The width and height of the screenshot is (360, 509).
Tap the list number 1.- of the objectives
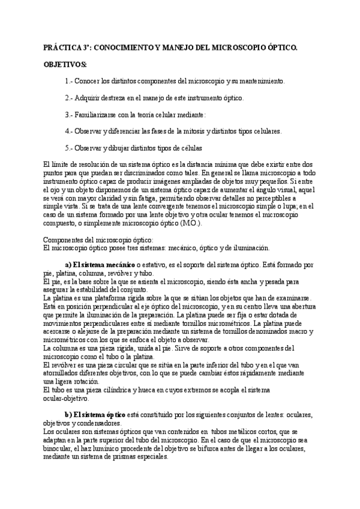(69, 80)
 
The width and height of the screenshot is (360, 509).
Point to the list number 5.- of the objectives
(69, 148)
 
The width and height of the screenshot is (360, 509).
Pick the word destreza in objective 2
(121, 97)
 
